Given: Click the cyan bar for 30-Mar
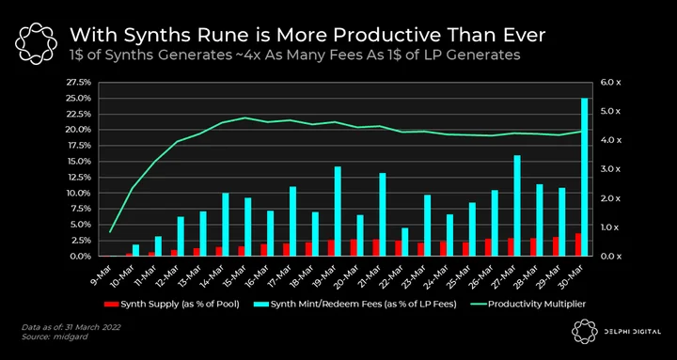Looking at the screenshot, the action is [585, 177].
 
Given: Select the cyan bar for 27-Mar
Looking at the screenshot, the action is [517, 206].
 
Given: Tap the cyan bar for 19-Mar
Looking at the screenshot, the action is [338, 211].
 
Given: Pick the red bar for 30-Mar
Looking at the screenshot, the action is [577, 244].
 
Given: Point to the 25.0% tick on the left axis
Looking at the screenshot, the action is [79, 99].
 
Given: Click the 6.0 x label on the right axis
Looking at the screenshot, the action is [609, 83].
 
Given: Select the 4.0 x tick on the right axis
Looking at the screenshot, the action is [609, 140].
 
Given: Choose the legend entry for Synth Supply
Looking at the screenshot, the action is [172, 305].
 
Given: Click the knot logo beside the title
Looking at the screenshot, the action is [36, 42].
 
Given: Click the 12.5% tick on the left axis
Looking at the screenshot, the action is [79, 178].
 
